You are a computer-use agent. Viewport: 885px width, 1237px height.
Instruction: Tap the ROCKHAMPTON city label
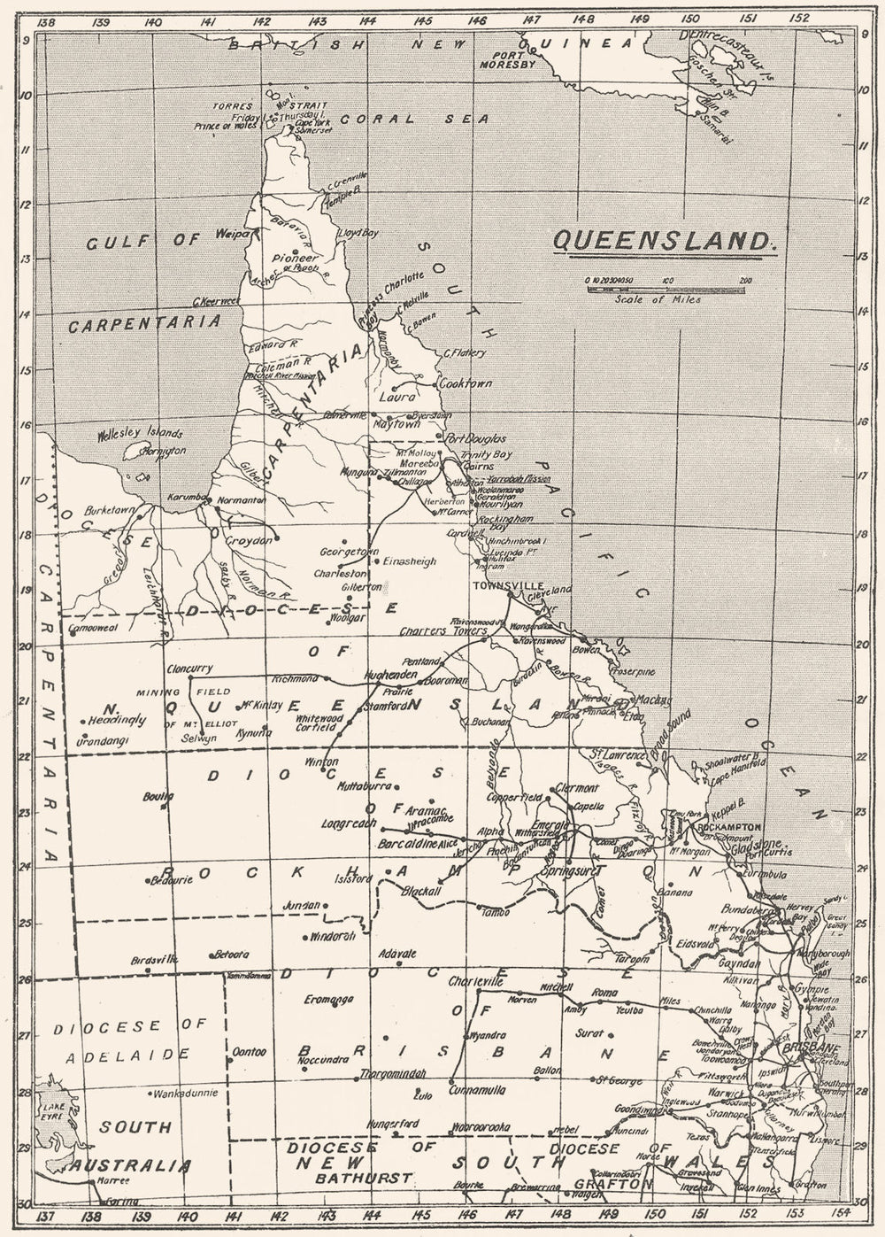(x=729, y=826)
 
